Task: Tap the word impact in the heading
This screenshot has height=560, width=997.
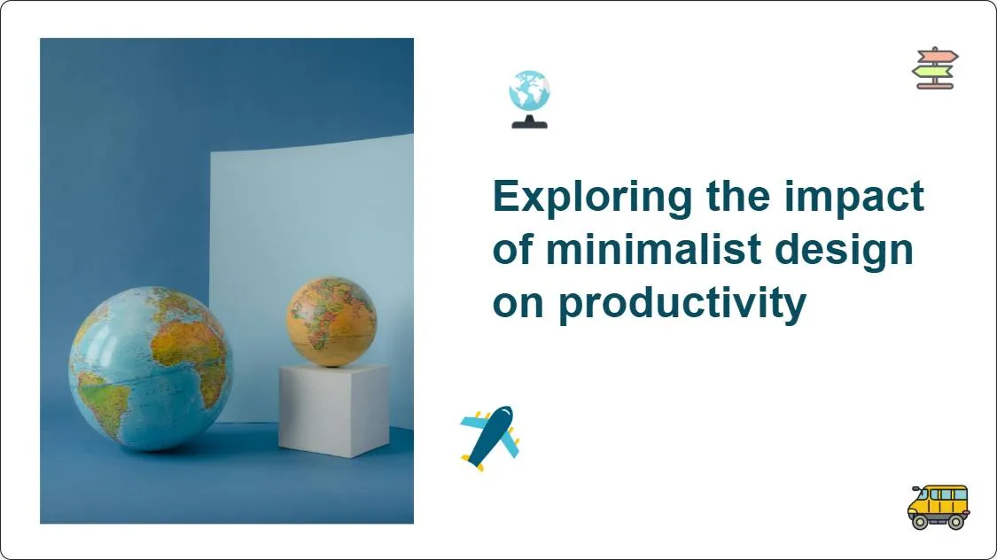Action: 854,197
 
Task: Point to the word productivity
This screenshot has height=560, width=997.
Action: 682,304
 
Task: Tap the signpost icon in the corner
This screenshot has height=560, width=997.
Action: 935,68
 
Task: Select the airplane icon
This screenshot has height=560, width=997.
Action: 489,438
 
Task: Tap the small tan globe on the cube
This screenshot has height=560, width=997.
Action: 331,321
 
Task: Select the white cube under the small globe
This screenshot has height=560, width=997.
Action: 333,409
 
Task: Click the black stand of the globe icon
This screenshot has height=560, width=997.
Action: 529,122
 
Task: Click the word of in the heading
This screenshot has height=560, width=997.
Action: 512,250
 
